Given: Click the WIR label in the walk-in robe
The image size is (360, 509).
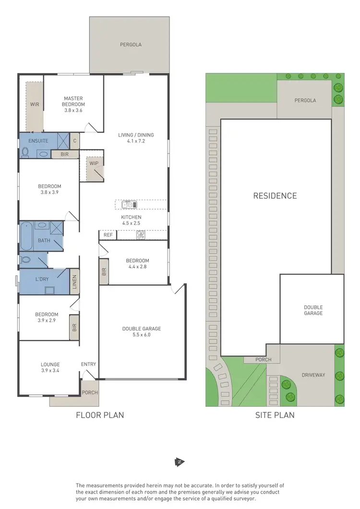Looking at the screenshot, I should tap(34, 104).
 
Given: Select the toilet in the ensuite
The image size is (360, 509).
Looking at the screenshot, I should tap(25, 153).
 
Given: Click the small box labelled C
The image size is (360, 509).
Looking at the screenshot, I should tap(74, 141).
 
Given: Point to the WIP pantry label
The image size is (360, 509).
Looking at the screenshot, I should tap(93, 163).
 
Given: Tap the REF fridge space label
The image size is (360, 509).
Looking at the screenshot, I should tap(108, 235).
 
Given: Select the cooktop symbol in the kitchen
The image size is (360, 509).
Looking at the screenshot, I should tap(141, 235).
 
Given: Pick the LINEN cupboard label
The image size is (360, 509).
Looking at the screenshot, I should tap(74, 282).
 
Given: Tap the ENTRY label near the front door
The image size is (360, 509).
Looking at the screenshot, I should tap(88, 364).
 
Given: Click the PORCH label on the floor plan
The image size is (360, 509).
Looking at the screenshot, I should tap(90, 392).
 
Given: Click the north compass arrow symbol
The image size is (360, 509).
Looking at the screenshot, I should tap(179, 462).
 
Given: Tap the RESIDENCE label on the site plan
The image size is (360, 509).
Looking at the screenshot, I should tap(275, 196).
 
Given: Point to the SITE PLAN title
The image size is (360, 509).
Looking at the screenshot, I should tap(275, 415).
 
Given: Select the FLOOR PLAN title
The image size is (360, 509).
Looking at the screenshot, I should tap(100, 415).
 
